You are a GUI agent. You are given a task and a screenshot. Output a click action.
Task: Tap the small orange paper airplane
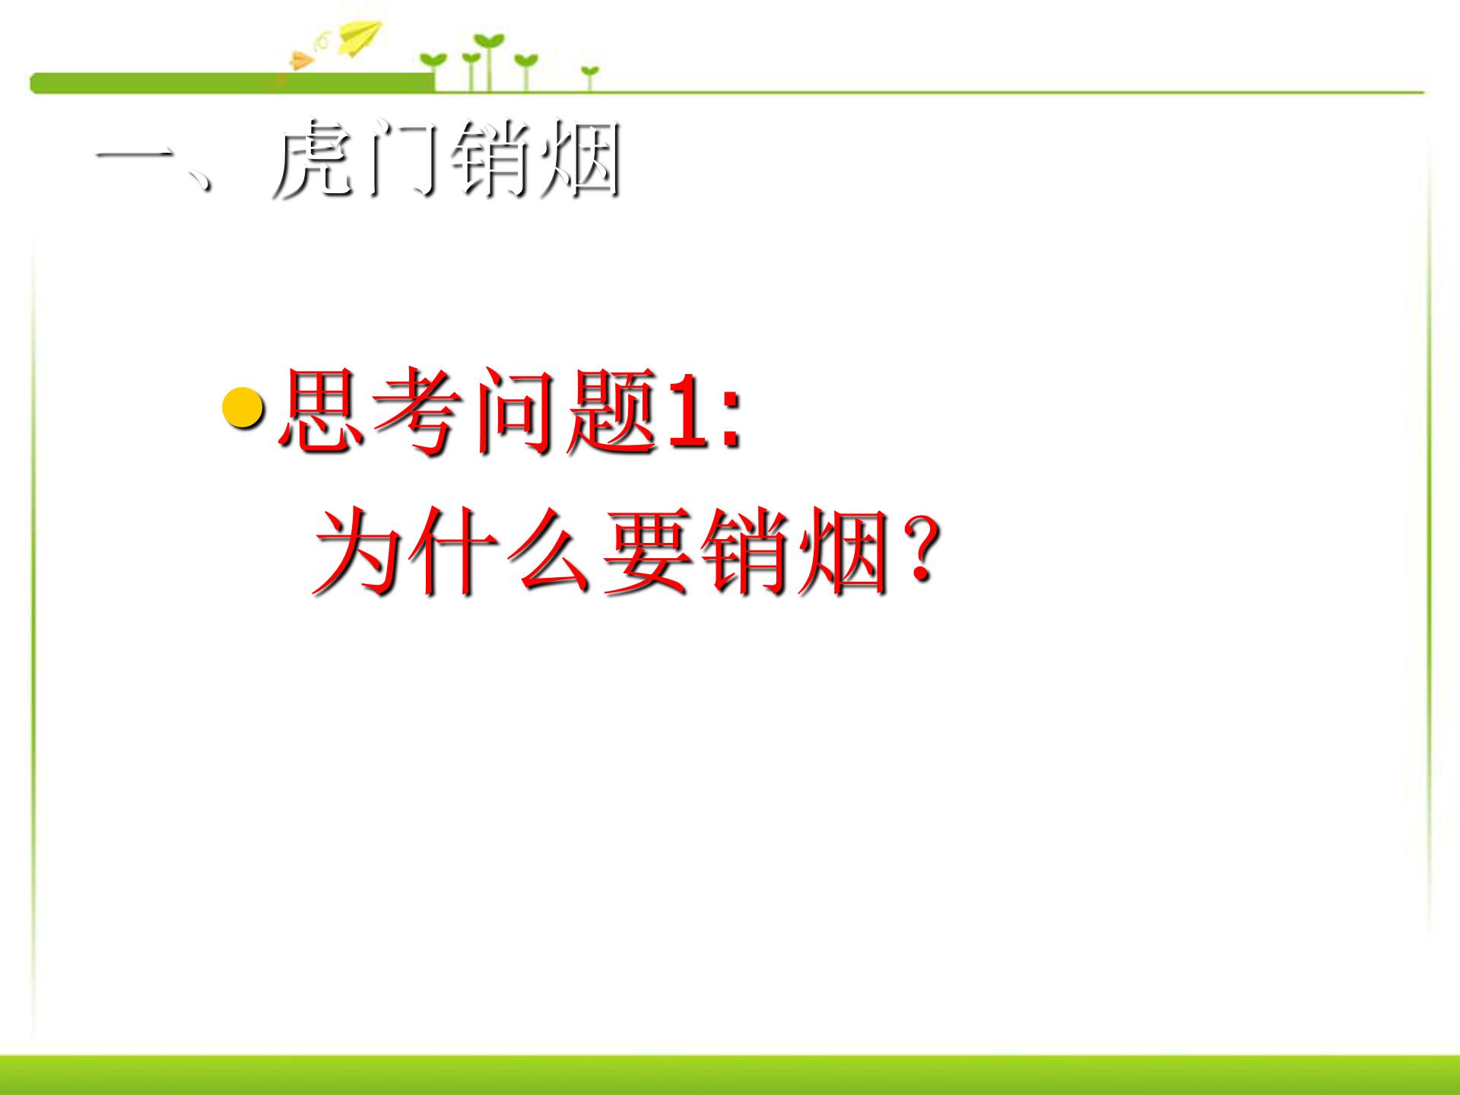pos(301,60)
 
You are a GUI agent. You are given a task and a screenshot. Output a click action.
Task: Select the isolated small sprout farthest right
pos(589,75)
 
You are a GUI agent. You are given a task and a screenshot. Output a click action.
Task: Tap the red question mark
pos(920,551)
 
